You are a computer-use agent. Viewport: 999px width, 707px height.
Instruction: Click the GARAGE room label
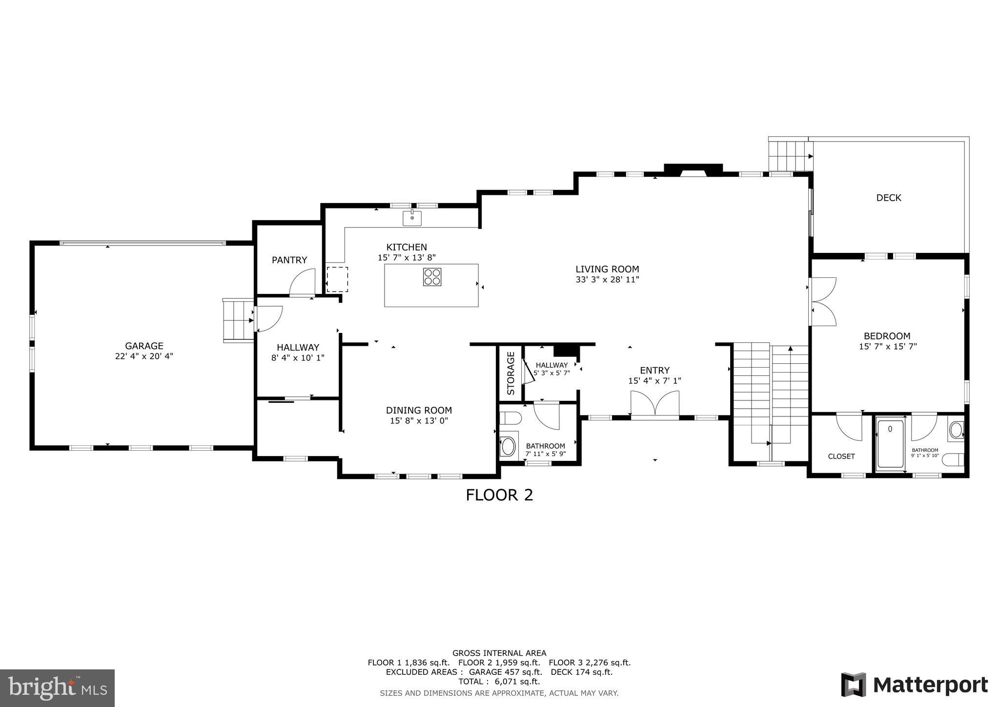tap(144, 346)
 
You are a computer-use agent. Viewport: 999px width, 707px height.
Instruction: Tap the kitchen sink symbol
tap(412, 218)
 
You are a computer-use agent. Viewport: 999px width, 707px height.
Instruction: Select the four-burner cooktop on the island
tap(432, 277)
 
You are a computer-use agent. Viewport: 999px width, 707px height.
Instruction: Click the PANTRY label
tap(289, 260)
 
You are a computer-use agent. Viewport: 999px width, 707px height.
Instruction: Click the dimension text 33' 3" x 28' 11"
tap(607, 280)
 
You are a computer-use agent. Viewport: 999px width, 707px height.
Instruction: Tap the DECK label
tap(888, 198)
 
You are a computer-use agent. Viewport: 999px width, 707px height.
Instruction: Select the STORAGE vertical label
tap(510, 374)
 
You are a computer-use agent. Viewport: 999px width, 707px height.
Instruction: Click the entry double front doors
tap(654, 404)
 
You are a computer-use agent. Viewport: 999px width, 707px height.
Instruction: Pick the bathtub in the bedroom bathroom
tap(890, 443)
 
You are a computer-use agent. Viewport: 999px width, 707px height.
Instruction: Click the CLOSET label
tap(841, 457)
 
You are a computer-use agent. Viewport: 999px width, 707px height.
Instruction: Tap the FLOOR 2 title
tap(499, 495)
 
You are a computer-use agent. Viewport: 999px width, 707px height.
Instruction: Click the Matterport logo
tap(914, 685)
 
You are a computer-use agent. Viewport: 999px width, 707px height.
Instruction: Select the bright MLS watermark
tap(57, 687)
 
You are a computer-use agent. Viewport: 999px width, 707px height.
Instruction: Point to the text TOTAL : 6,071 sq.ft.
tap(499, 682)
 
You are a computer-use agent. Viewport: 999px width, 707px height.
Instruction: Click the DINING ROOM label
tap(419, 411)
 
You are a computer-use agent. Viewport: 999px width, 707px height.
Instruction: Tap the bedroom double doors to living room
tap(822, 302)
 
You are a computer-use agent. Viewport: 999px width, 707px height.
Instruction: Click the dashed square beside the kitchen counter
tap(337, 279)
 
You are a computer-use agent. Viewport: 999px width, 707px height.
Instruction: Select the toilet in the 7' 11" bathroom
tap(510, 418)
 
